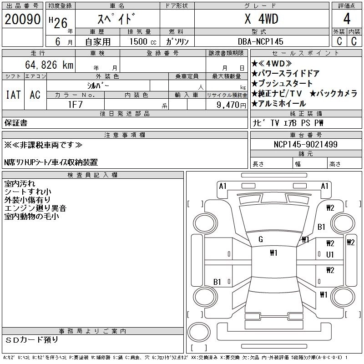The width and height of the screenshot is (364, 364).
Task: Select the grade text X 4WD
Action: point(261,20)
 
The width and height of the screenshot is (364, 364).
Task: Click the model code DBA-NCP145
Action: point(261,41)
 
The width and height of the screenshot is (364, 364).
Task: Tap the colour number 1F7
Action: point(75,104)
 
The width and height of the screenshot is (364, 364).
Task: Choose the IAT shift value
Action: point(13,95)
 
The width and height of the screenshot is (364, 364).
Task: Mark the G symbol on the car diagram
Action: point(260,239)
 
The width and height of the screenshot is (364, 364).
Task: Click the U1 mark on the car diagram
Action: point(330,254)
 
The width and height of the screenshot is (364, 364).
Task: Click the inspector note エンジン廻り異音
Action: point(35,208)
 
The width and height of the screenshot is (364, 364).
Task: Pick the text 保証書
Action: point(15,123)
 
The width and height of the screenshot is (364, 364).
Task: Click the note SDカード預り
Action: point(32,339)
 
